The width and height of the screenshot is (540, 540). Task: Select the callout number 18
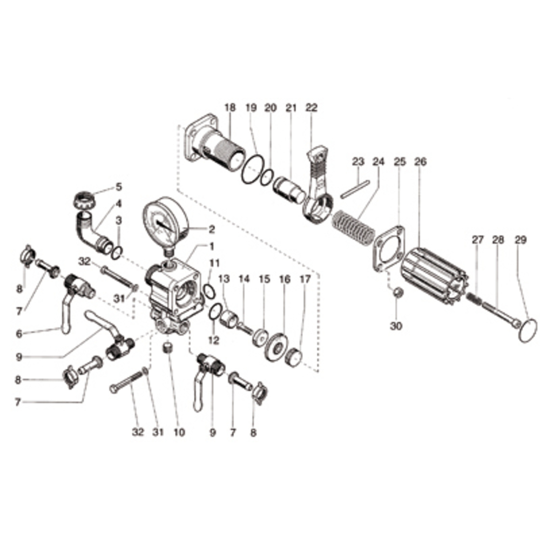[230, 108]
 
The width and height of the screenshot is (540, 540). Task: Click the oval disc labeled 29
[528, 329]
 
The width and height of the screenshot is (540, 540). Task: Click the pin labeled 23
[355, 187]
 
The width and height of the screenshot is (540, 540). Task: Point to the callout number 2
[211, 230]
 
